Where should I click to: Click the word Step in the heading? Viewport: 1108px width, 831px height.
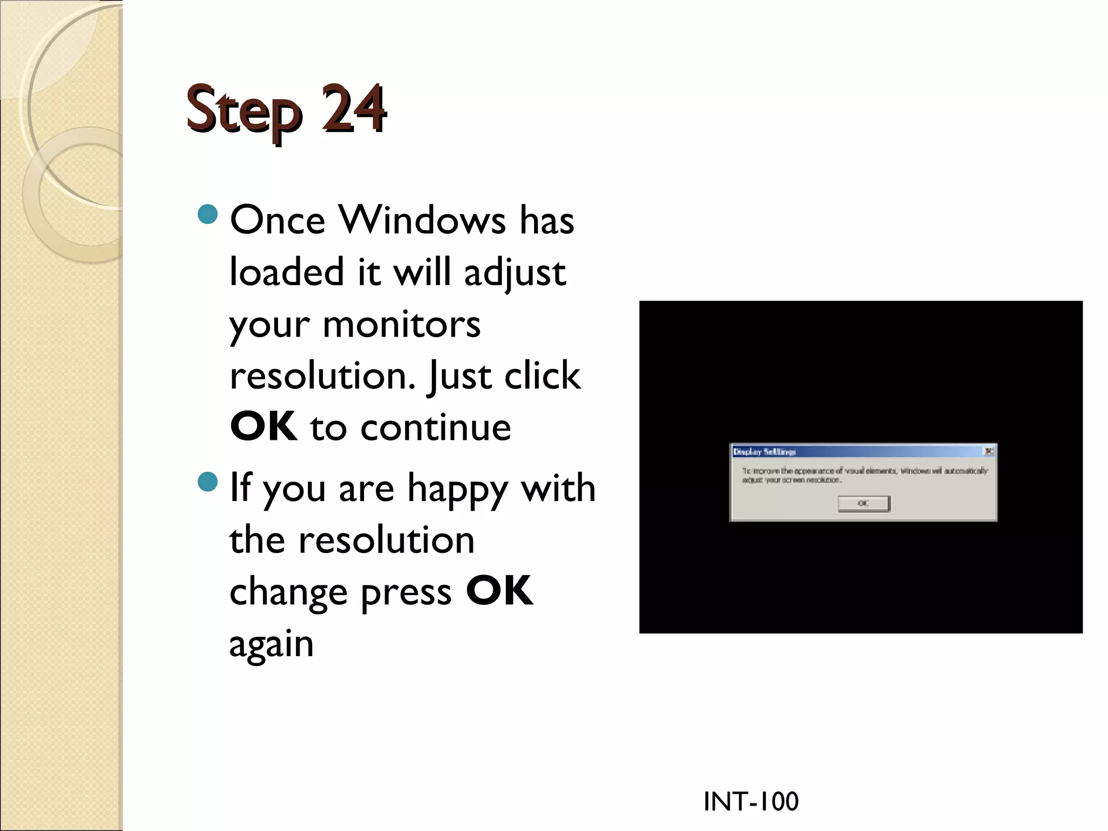[x=243, y=111]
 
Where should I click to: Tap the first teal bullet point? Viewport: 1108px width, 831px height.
[x=208, y=214]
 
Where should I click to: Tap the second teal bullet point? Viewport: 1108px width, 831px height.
[x=208, y=482]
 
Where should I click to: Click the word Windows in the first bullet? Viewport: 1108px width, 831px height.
[x=422, y=220]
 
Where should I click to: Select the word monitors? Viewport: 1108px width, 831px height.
[x=401, y=325]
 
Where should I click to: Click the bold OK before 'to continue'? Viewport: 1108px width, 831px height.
[x=263, y=427]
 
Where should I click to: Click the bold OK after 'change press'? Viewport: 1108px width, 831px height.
[x=499, y=591]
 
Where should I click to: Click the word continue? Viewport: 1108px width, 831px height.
[x=436, y=427]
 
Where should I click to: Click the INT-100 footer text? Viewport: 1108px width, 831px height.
[x=750, y=801]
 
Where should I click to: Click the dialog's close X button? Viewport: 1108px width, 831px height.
[x=988, y=451]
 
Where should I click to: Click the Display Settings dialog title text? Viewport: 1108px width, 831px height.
[x=764, y=452]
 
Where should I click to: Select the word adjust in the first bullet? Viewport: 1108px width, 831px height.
[x=515, y=273]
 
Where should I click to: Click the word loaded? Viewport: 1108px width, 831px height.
[x=287, y=272]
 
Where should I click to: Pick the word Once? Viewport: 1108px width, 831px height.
[x=278, y=220]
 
